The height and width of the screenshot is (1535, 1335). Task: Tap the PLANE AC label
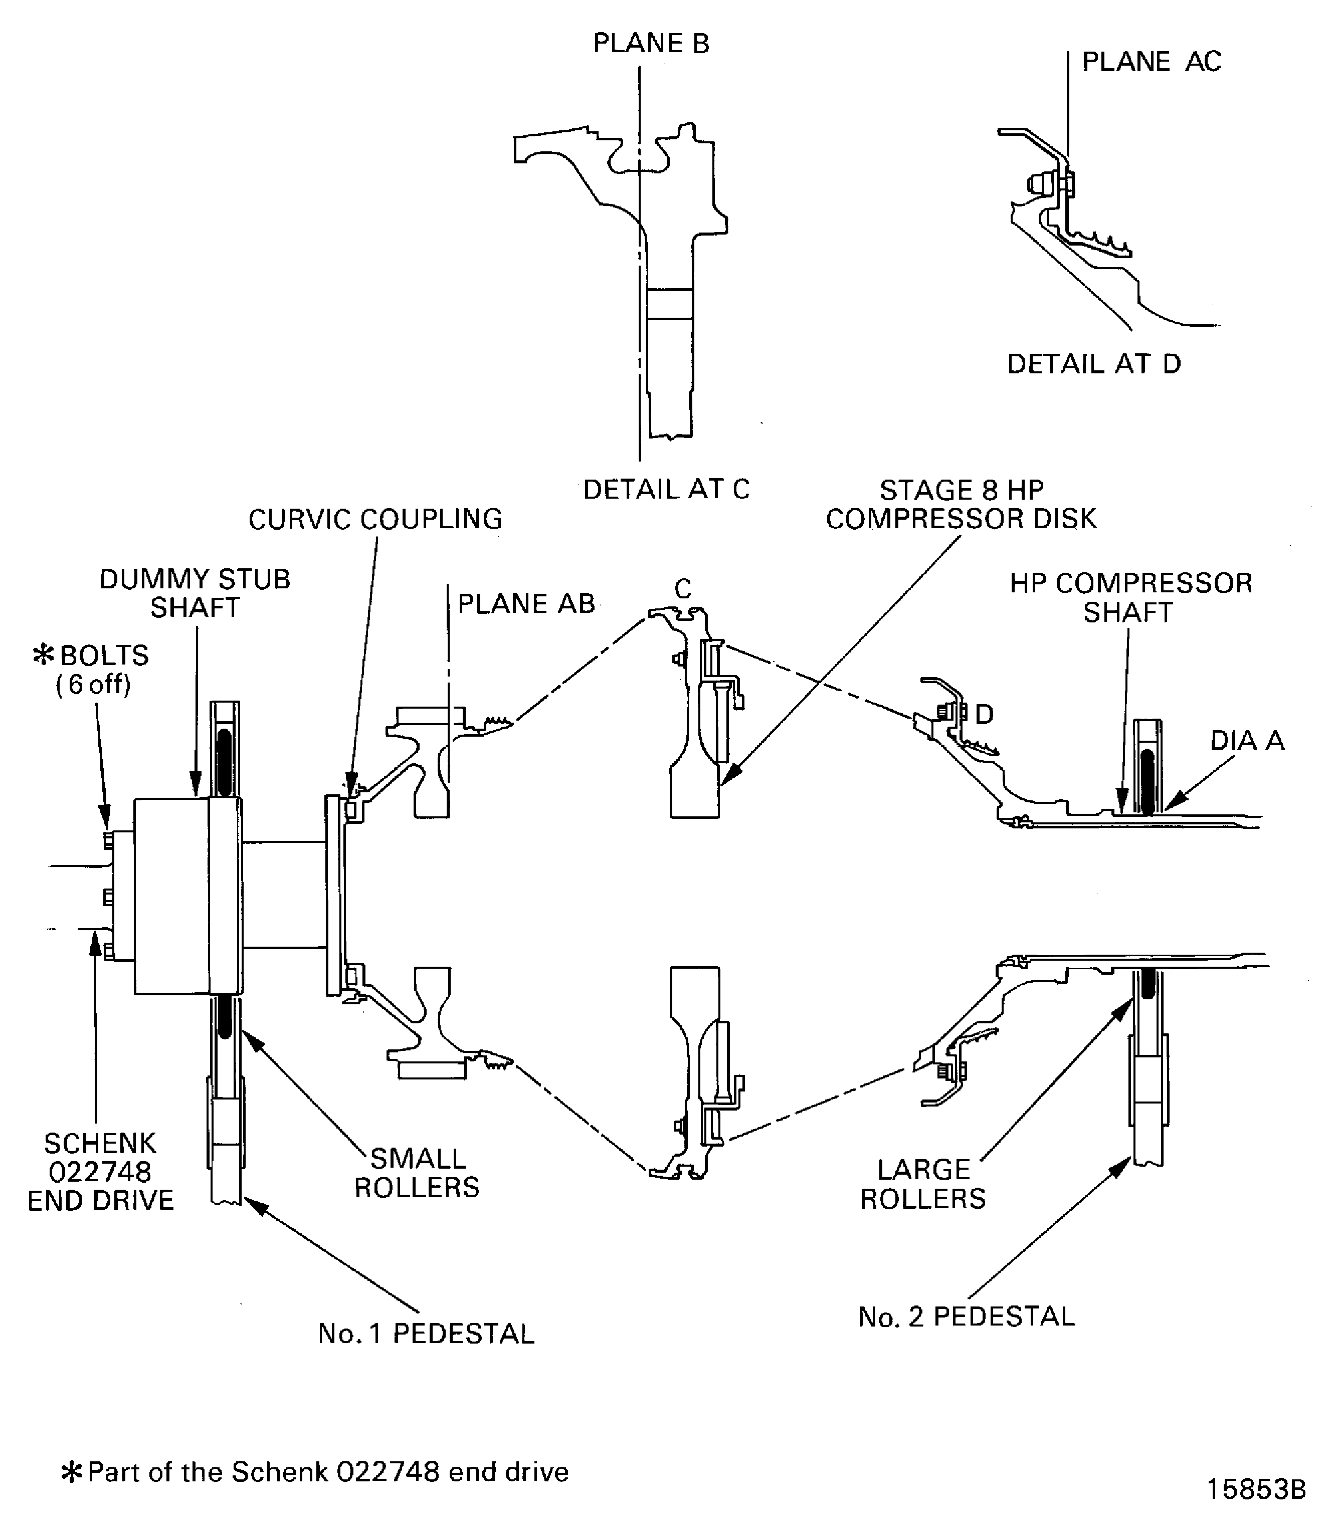[x=1151, y=62]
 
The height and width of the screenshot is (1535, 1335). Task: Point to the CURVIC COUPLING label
[x=374, y=519]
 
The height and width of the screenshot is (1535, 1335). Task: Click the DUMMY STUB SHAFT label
[x=195, y=593]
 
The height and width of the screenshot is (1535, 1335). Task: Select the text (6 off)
[x=93, y=685]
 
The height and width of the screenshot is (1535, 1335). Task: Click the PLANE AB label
[x=526, y=604]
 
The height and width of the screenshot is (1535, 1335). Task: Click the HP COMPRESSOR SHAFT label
[x=1130, y=597]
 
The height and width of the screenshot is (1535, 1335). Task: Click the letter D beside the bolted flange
[x=984, y=715]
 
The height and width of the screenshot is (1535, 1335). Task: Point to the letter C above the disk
[x=682, y=589]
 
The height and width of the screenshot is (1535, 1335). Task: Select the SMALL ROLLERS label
[x=417, y=1172]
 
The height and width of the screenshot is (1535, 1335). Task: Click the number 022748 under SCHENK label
[x=100, y=1172]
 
